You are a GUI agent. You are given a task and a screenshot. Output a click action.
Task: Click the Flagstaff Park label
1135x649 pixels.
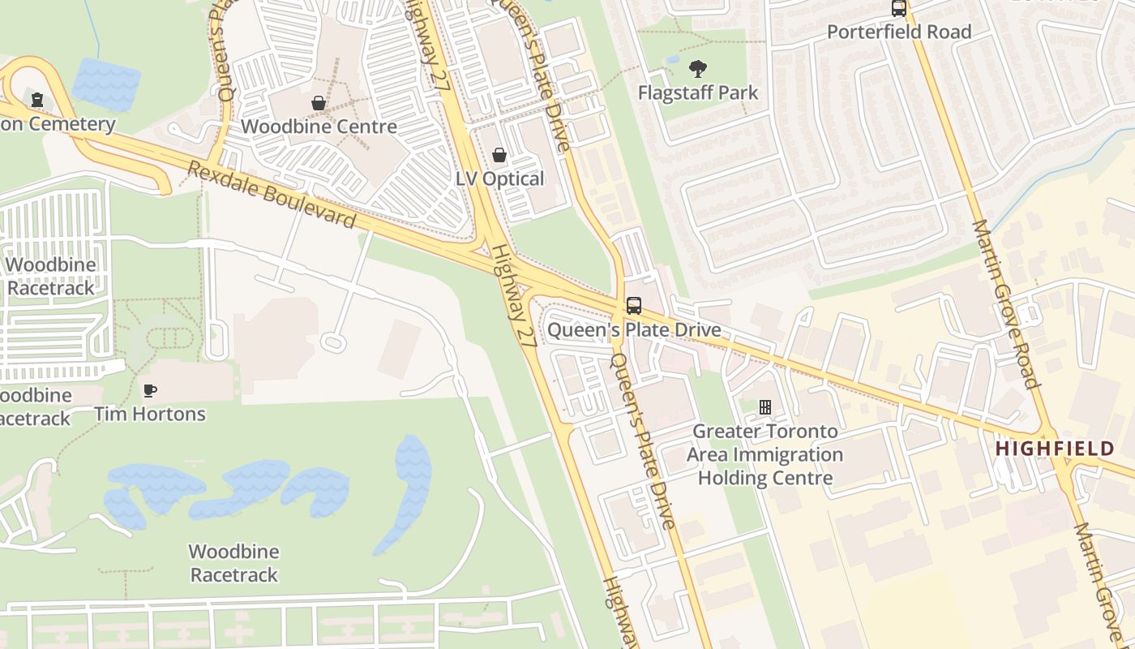[697, 92]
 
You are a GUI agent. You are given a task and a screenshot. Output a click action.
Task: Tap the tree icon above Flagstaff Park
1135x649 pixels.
[697, 69]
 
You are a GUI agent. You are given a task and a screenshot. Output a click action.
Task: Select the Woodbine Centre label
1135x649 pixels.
[319, 127]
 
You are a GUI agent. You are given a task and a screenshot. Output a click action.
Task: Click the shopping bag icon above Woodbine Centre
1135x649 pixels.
[319, 103]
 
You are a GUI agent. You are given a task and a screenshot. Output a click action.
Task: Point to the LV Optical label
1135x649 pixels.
[499, 178]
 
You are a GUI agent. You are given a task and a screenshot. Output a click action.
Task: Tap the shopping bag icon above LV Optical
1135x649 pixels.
[499, 155]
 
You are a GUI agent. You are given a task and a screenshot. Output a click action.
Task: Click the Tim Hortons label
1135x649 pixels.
[150, 414]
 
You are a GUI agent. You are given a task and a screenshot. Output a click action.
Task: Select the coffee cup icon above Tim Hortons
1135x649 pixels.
[150, 391]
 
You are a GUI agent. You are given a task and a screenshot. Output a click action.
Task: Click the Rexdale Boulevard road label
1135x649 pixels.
[272, 195]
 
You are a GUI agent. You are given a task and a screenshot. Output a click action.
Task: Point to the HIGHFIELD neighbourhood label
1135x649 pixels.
[1054, 448]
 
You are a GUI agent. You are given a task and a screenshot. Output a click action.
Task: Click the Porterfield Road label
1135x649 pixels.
[898, 32]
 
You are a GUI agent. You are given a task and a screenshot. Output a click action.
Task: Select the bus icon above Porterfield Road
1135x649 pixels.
[898, 8]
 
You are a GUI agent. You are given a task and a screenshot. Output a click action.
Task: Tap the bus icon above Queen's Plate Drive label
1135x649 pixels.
[634, 306]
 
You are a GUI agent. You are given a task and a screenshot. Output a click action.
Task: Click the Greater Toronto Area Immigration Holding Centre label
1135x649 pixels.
[765, 454]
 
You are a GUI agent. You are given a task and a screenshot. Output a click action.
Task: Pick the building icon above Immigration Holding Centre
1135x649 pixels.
[765, 407]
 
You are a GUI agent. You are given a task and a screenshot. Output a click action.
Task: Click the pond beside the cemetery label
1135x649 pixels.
[107, 84]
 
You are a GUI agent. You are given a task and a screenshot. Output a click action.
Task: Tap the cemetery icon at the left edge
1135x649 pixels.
[36, 100]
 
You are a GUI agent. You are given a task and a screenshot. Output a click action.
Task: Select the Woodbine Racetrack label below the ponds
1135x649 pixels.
[233, 563]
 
